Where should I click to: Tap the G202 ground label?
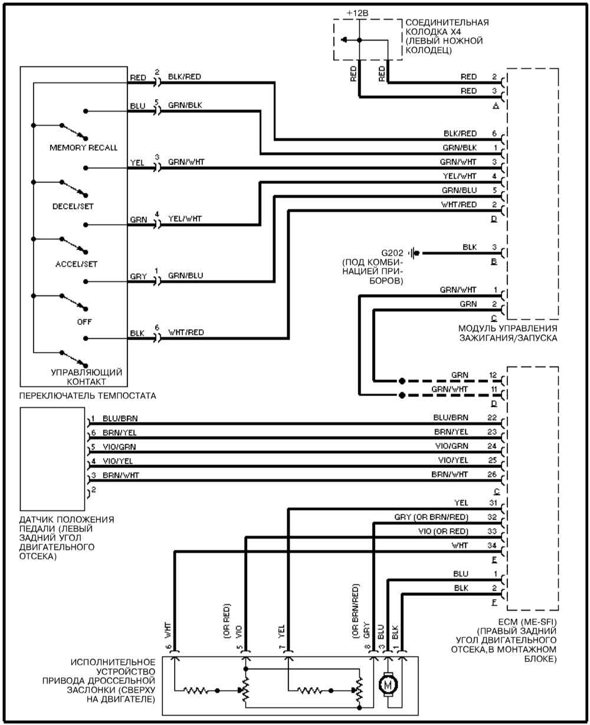click(x=392, y=253)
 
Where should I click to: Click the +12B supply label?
click(x=357, y=14)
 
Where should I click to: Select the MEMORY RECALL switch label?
click(x=83, y=147)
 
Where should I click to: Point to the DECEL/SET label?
click(x=73, y=206)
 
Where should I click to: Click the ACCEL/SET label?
click(x=76, y=264)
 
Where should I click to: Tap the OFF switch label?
click(x=84, y=322)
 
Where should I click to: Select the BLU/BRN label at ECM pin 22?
click(x=450, y=417)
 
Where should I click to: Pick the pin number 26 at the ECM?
click(x=492, y=474)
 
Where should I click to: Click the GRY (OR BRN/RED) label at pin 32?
click(x=431, y=517)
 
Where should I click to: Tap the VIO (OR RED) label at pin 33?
click(x=443, y=532)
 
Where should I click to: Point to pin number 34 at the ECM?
click(x=492, y=545)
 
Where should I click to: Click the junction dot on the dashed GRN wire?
click(x=402, y=381)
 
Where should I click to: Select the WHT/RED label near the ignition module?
click(x=458, y=205)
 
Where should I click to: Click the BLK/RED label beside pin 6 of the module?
click(x=460, y=133)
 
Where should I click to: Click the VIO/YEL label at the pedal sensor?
click(x=118, y=461)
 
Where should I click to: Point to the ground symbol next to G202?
click(x=414, y=253)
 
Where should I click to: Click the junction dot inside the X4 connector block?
click(x=359, y=40)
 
